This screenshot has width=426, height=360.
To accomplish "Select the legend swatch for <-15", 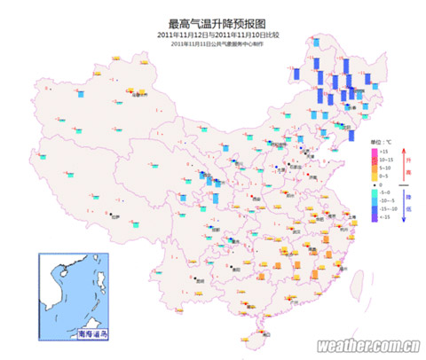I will [374, 215].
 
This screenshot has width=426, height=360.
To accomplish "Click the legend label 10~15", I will [386, 160].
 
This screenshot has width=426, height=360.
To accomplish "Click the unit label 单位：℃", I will [382, 142].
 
